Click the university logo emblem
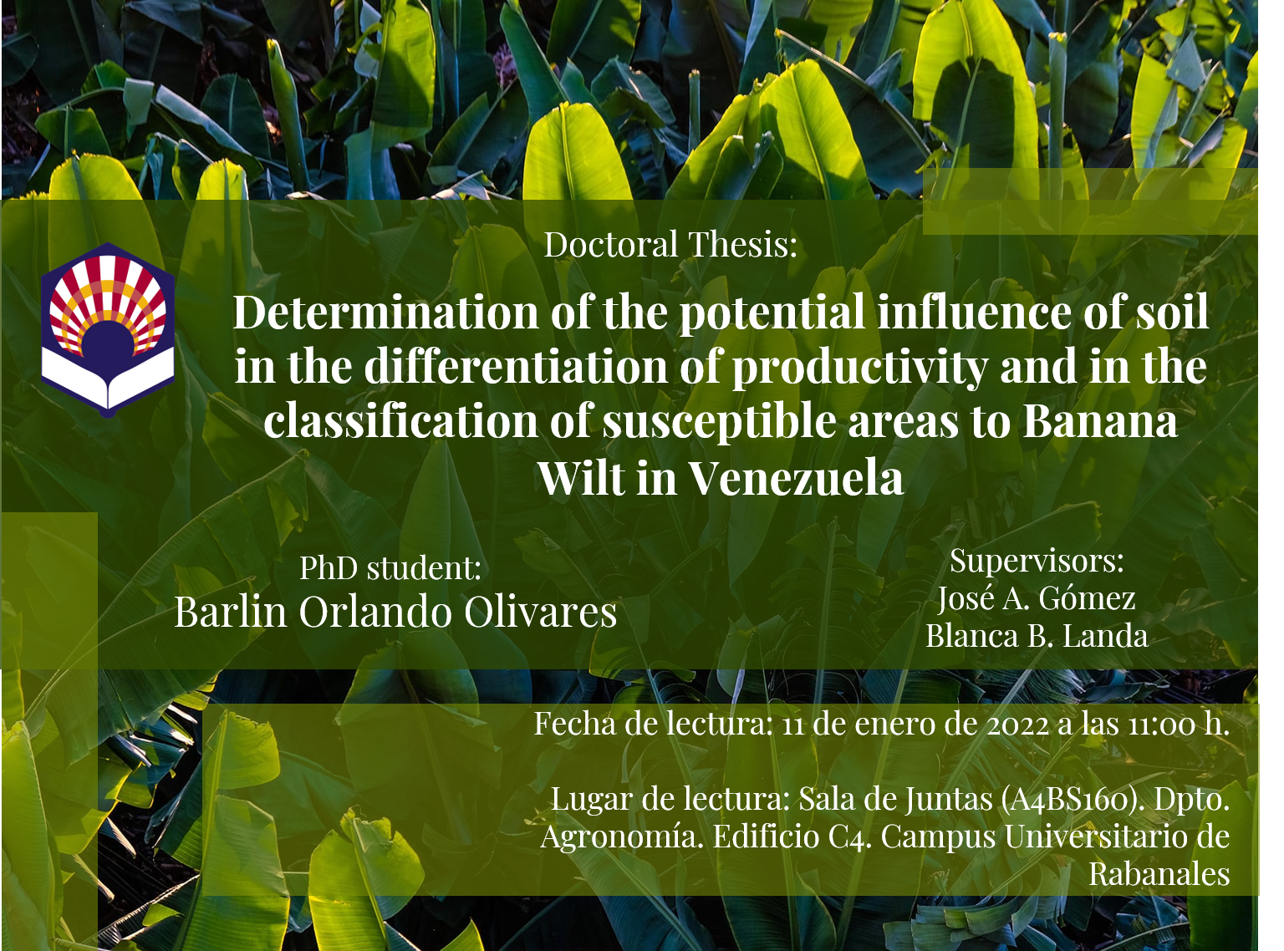(x=108, y=330)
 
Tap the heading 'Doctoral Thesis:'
(x=670, y=244)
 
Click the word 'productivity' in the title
(x=861, y=369)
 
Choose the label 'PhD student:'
(x=390, y=568)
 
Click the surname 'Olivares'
(x=540, y=613)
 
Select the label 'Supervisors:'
(x=1037, y=561)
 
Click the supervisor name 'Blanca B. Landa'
(x=1037, y=636)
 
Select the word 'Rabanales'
(x=1159, y=875)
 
